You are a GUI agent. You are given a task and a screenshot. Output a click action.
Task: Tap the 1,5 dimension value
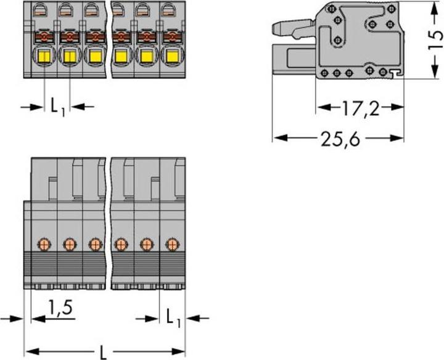point(61,306)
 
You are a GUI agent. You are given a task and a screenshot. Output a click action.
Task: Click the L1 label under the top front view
point(57,108)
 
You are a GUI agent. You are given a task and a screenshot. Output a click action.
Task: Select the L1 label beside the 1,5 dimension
point(173,318)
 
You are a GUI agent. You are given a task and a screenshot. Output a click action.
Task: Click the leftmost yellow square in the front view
point(44,58)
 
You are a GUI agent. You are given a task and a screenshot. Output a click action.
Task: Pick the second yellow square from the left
point(70,58)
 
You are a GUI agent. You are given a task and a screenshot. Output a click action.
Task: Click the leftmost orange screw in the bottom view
point(44,244)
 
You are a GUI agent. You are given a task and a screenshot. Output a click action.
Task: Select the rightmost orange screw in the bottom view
point(171,244)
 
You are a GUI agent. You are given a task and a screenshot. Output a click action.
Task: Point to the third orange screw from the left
point(94,244)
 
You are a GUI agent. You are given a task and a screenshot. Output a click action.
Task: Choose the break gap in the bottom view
point(109,222)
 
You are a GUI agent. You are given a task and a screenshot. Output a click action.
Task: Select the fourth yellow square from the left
point(120,58)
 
